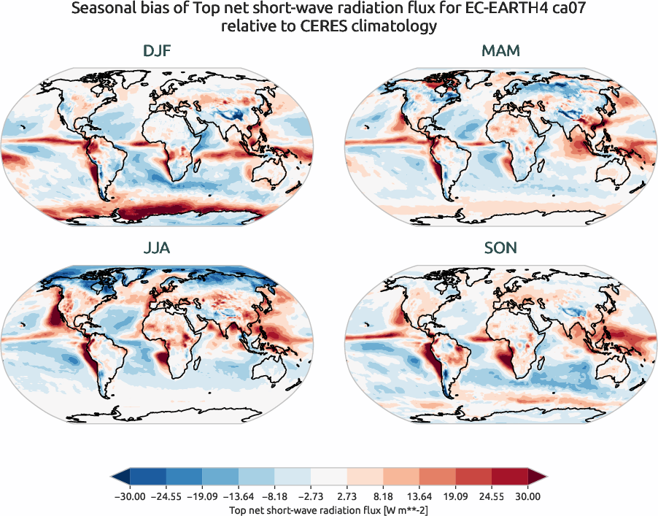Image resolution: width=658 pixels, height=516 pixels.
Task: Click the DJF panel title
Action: pyautogui.click(x=158, y=52)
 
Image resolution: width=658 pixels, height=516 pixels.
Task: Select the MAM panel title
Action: pyautogui.click(x=500, y=52)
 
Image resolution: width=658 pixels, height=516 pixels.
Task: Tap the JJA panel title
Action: pyautogui.click(x=158, y=249)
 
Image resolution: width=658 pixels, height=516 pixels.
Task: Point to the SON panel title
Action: pyautogui.click(x=500, y=249)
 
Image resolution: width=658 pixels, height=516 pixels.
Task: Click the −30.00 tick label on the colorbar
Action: pyautogui.click(x=131, y=496)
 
